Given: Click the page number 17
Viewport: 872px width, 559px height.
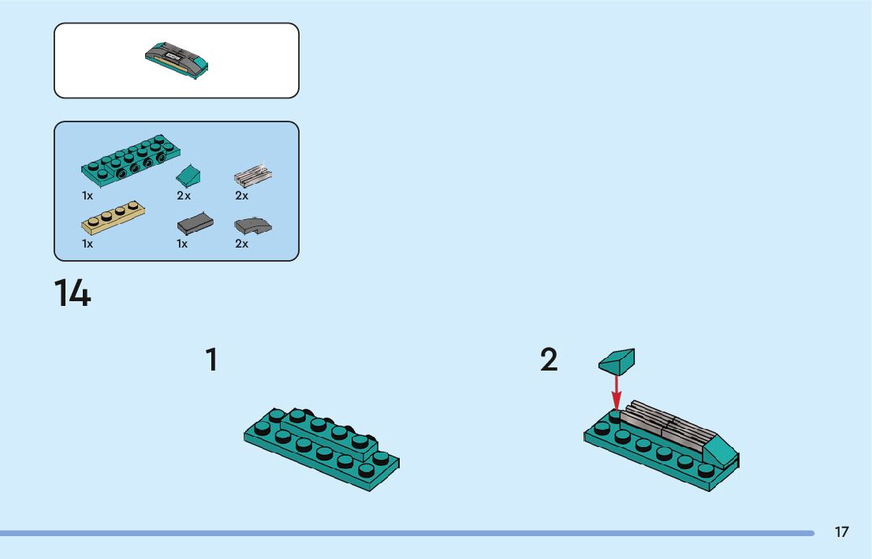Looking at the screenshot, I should coord(842,532).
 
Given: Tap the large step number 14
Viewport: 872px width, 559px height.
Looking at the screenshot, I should coord(73,293).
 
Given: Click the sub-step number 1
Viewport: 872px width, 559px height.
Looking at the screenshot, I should coord(211,360).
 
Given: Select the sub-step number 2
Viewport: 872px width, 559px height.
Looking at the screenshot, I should coord(549,360).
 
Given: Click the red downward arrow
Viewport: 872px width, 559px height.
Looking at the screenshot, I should coord(617,392).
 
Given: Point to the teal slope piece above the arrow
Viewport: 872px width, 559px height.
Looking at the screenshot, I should coord(617,361).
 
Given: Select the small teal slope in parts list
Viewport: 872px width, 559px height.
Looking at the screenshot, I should coord(188,173).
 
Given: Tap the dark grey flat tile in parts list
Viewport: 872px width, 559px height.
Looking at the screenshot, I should coord(195,223).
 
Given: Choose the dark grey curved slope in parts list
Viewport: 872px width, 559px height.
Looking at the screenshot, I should coord(252,225).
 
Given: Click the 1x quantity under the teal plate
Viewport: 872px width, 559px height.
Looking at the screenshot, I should coord(88,196).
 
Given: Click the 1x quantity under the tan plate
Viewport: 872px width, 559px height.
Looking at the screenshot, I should coord(88,244).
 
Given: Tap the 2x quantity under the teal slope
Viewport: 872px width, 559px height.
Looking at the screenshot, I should coord(184,196).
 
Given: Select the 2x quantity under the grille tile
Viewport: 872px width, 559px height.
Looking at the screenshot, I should coord(241,196).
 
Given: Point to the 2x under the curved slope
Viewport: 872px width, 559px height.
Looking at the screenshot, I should coord(241,244).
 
